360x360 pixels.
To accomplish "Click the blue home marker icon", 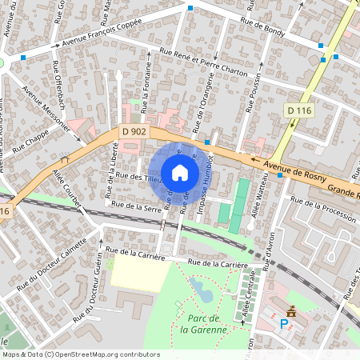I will point(180,173).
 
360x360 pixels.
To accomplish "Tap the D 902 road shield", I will point(134,130).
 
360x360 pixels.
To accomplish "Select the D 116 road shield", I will point(298,110).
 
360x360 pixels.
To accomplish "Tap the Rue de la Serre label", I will point(137,206).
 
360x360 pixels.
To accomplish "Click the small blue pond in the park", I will point(203,291).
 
